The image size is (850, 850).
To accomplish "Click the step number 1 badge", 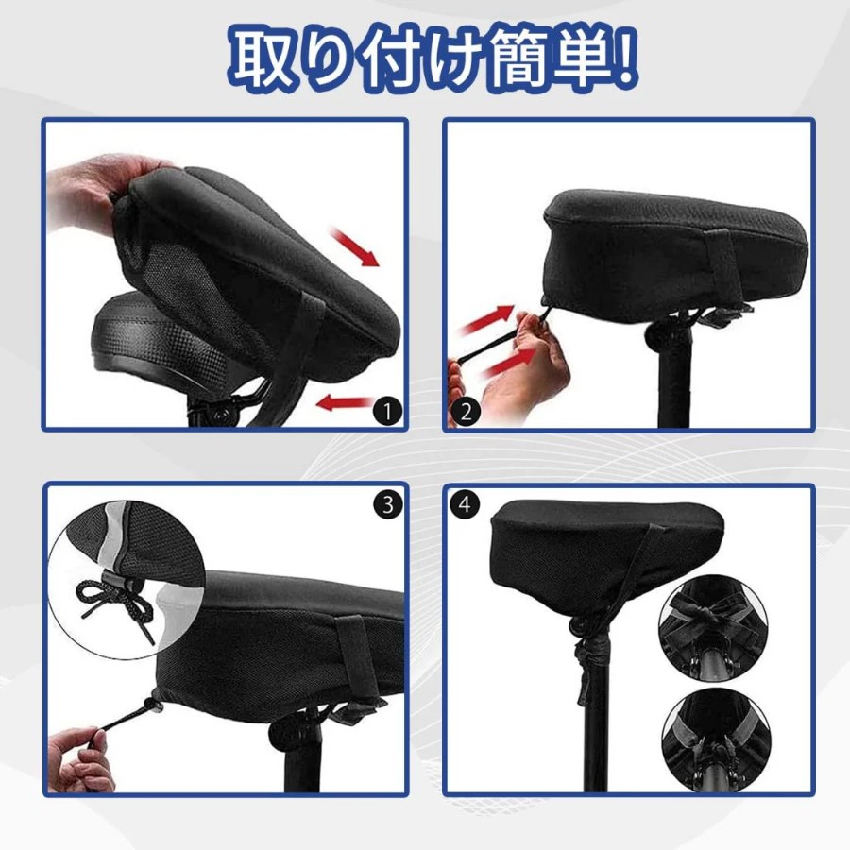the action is (387, 411).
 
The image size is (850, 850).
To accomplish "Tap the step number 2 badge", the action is (466, 412).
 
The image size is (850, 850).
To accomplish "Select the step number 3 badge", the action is (388, 504).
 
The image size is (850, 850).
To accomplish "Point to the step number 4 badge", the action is (465, 504).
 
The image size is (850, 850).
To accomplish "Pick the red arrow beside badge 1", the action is (344, 404).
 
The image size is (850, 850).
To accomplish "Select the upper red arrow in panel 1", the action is (355, 247).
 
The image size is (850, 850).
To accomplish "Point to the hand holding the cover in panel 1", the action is (93, 193).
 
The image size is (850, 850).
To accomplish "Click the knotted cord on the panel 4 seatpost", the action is (588, 656).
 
